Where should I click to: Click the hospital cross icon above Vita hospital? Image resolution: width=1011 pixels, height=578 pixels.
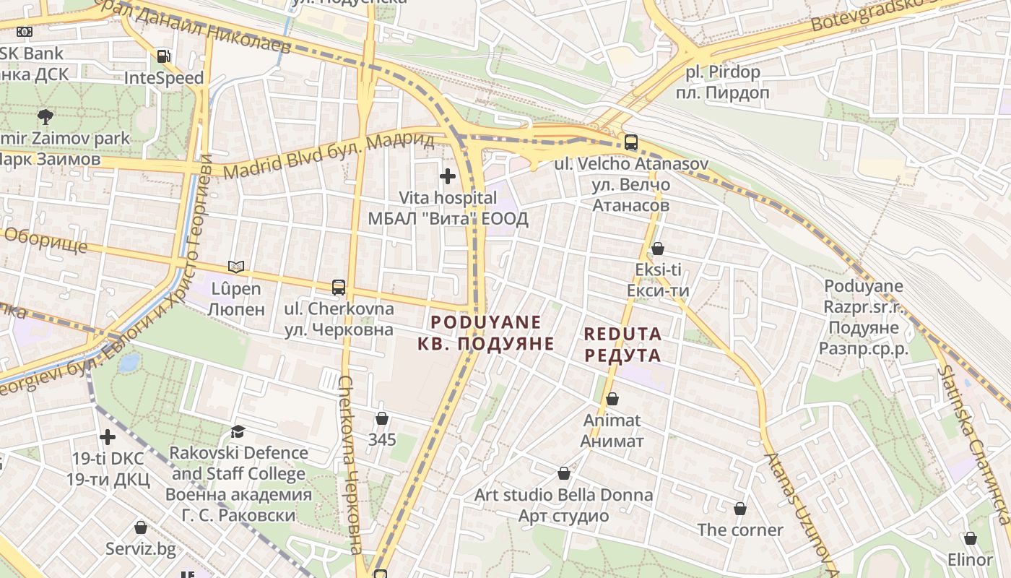click(448, 176)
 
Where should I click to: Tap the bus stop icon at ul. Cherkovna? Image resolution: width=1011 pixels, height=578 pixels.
click(338, 288)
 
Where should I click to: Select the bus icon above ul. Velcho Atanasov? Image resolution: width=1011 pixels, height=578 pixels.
click(630, 142)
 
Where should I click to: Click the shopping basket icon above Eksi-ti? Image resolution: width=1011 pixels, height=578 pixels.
click(658, 249)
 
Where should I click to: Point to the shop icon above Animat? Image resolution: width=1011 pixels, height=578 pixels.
click(612, 399)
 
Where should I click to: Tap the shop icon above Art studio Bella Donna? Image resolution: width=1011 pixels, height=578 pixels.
click(563, 474)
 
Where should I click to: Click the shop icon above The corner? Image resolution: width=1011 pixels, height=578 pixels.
click(740, 509)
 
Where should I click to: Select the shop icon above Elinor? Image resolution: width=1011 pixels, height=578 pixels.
click(970, 539)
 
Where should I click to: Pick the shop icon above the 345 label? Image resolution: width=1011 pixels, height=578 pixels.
click(381, 418)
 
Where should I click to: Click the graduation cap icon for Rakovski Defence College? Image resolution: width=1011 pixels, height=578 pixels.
click(238, 432)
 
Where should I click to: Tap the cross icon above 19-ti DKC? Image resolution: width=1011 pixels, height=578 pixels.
click(108, 437)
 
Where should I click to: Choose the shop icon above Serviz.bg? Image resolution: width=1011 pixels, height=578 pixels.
click(141, 528)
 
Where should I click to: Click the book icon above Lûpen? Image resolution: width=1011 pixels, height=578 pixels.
click(236, 267)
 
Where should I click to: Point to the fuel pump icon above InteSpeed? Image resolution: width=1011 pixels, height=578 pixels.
click(164, 56)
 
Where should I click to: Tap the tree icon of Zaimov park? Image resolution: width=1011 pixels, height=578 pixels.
click(45, 116)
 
